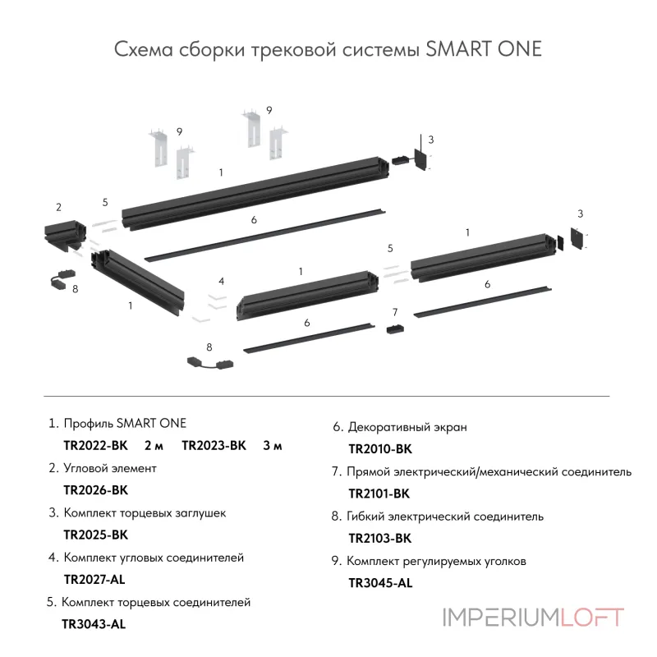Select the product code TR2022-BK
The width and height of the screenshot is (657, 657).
pyautogui.click(x=95, y=446)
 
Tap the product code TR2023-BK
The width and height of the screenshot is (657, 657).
pyautogui.click(x=214, y=446)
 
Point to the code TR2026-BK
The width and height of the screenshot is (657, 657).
pyautogui.click(x=95, y=490)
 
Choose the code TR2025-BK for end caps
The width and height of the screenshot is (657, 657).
pyautogui.click(x=95, y=535)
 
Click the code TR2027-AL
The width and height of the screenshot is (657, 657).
pyautogui.click(x=94, y=579)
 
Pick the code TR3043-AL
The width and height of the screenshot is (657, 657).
pyautogui.click(x=94, y=623)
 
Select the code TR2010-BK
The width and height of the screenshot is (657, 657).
pyautogui.click(x=380, y=449)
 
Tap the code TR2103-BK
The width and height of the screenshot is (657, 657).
pyautogui.click(x=379, y=539)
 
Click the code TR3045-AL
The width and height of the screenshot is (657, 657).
pyautogui.click(x=380, y=583)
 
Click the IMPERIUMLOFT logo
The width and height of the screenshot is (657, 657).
pyautogui.click(x=533, y=617)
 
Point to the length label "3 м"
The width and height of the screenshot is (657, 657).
pyautogui.click(x=273, y=446)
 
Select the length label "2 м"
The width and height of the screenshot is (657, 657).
pyautogui.click(x=154, y=446)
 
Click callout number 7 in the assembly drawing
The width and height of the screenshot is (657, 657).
pyautogui.click(x=395, y=312)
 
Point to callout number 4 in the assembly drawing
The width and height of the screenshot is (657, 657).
pyautogui.click(x=222, y=281)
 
